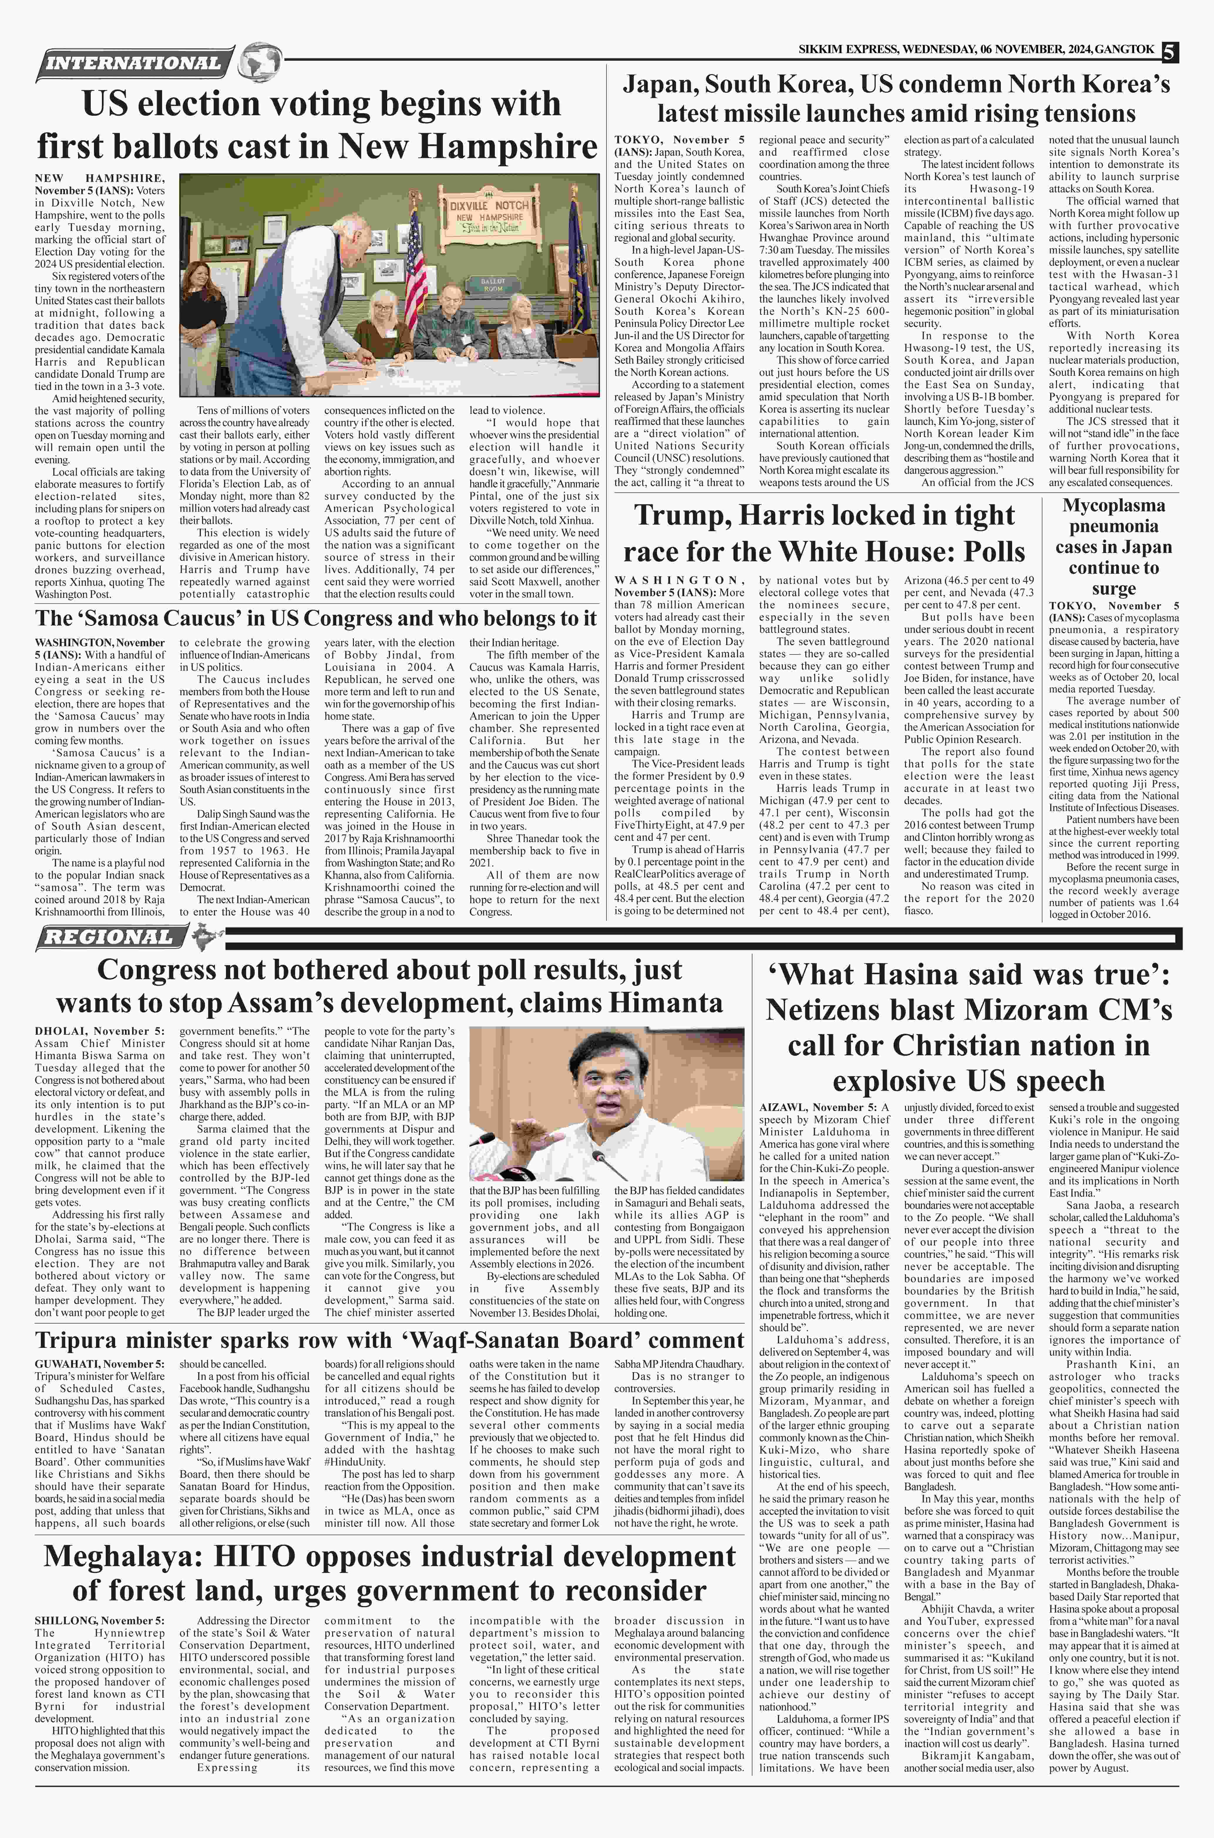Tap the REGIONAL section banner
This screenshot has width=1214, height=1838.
(108, 937)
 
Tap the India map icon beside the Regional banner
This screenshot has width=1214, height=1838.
(204, 937)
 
